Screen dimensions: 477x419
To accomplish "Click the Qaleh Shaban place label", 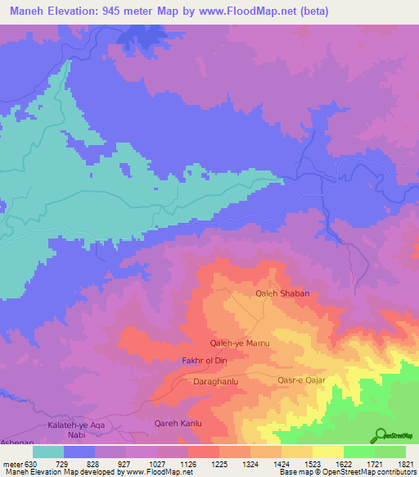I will click(x=282, y=293).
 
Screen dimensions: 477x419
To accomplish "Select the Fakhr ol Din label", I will click(x=204, y=361).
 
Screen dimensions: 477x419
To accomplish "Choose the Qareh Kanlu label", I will click(x=178, y=424).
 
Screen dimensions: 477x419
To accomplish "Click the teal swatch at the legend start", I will click(x=48, y=452).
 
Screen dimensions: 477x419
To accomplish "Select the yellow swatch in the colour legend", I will click(x=327, y=452).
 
